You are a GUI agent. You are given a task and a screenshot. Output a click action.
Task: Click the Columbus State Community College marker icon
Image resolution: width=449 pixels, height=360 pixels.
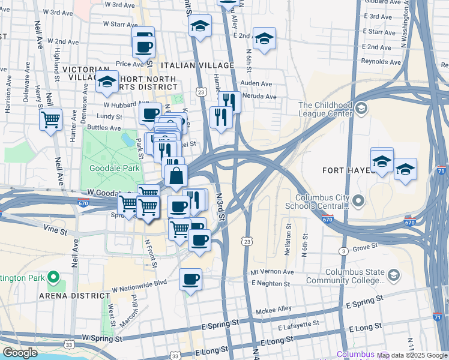[394, 275]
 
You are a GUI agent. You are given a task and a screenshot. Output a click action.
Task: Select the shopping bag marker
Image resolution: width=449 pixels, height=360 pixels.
[176, 176]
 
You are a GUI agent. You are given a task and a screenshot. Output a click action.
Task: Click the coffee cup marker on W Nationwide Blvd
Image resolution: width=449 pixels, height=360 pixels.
[190, 280]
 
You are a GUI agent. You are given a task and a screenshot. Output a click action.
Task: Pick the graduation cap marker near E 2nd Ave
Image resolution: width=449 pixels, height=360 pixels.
[264, 39]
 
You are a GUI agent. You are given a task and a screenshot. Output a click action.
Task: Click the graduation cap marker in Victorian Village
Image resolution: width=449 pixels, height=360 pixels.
[107, 83]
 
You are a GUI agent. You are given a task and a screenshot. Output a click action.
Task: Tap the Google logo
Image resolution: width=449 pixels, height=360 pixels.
[20, 353]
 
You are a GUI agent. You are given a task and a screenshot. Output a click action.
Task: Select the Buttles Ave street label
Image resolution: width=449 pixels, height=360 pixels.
[104, 128]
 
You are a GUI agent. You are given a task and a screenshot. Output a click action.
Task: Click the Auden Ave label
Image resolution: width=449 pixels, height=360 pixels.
[256, 83]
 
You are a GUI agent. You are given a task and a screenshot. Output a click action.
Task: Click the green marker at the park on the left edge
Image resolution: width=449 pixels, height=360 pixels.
[53, 278]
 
